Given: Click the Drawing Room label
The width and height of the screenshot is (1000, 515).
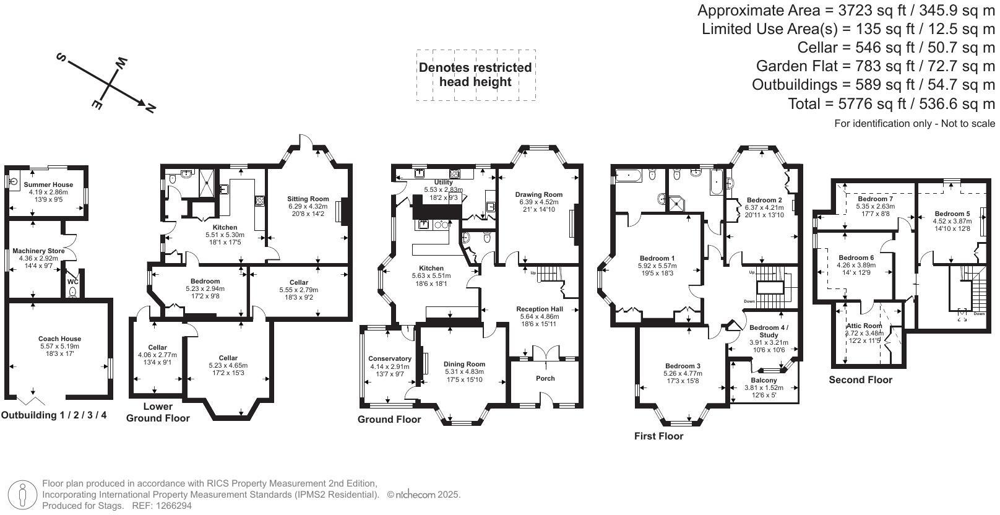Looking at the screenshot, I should (x=538, y=194).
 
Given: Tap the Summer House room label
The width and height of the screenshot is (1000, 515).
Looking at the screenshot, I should (x=48, y=184).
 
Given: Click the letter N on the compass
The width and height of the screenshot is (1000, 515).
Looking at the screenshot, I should (x=149, y=108).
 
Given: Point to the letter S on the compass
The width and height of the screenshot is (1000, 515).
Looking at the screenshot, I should (x=61, y=58).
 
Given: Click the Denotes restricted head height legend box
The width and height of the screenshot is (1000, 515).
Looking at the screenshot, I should (x=475, y=75).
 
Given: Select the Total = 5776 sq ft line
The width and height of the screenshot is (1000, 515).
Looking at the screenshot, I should (x=891, y=103).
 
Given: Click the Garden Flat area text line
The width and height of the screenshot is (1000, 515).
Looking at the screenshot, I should (x=875, y=66).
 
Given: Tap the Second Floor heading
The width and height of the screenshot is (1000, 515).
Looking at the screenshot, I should (x=860, y=380).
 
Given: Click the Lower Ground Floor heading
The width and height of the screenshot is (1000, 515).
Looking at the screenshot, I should (x=158, y=412).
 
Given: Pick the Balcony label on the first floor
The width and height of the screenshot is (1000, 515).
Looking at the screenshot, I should (x=764, y=380).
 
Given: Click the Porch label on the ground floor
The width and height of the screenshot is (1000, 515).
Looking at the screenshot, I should (x=545, y=378).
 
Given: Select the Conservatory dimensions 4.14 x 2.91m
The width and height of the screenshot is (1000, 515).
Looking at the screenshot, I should (x=390, y=366).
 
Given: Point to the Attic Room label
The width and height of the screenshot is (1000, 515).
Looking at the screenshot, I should (x=864, y=326).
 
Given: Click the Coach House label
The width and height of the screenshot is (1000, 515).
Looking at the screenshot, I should (x=59, y=339).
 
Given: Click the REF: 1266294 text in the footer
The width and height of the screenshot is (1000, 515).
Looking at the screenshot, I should (x=158, y=506).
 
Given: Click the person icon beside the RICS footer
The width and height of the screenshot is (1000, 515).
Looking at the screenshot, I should (x=22, y=495).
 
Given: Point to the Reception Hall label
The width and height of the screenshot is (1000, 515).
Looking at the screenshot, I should (x=540, y=309).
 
